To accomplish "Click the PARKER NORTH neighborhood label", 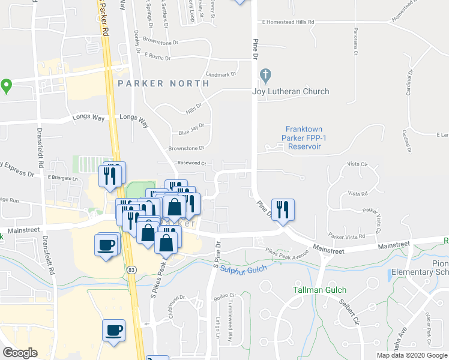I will coord(163,83).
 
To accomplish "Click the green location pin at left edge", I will coord(7,86).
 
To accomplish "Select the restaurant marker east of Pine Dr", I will coord(283,210).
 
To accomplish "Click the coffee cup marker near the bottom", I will coord(113,331).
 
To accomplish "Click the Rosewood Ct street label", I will coord(191,163).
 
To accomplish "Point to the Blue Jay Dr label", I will coord(191,127).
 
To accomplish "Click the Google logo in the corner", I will coord(20,353).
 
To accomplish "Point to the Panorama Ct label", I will coord(355,44).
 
